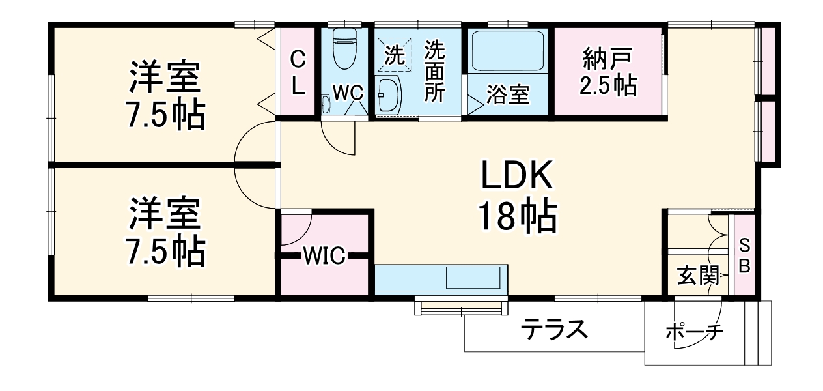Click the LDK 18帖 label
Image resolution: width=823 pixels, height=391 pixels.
click(x=518, y=196)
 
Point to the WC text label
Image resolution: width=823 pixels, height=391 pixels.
click(x=348, y=93)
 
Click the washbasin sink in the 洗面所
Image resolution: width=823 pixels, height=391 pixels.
click(x=389, y=96)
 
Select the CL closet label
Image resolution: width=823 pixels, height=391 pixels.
click(x=297, y=72)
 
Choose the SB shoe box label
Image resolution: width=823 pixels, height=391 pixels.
click(x=745, y=256)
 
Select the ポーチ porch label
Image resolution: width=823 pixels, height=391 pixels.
click(x=694, y=332)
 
